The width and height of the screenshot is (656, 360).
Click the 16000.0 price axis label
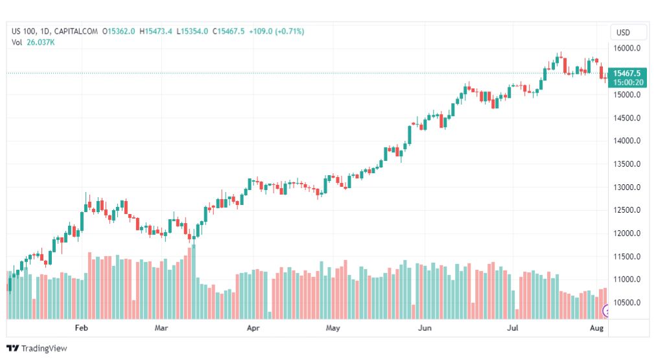(x=627, y=49)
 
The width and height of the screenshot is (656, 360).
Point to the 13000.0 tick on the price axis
(x=627, y=187)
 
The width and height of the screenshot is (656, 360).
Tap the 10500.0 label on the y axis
(x=627, y=303)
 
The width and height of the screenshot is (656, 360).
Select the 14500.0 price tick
(x=627, y=118)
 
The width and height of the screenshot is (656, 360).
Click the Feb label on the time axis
(x=81, y=328)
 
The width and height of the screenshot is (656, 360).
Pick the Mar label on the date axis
(x=161, y=328)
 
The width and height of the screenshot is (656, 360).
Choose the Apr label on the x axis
(x=253, y=328)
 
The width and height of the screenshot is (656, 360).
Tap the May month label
(x=333, y=328)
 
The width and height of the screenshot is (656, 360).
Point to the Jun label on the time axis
(x=425, y=328)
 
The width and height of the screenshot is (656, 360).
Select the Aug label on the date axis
(x=597, y=328)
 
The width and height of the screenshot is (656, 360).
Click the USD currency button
(x=623, y=32)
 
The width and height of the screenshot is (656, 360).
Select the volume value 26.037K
(x=41, y=42)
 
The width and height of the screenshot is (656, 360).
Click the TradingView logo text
(x=37, y=348)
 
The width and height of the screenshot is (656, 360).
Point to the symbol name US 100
(x=24, y=31)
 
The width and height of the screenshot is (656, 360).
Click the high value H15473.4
(x=159, y=31)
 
